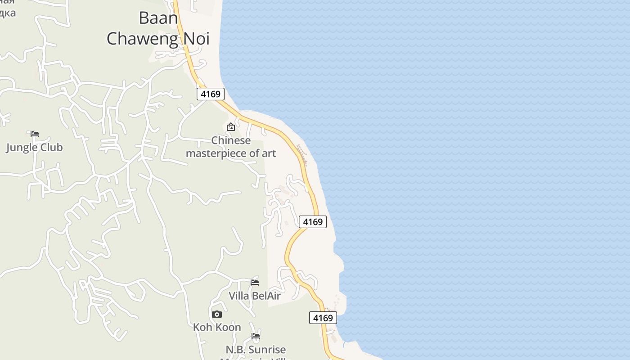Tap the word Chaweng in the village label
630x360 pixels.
click(143, 39)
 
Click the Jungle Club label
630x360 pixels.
click(34, 148)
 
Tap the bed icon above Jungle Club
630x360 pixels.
click(35, 134)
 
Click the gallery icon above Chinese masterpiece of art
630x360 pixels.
click(231, 127)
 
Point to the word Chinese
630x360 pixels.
click(231, 140)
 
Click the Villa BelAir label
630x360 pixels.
click(255, 296)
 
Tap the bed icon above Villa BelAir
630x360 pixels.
click(255, 283)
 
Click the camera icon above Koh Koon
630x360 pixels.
click(217, 314)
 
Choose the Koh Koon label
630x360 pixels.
click(217, 327)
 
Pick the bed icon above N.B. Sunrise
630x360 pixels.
click(256, 336)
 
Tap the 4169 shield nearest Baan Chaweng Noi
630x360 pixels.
click(211, 94)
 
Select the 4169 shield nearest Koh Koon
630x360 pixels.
click(323, 318)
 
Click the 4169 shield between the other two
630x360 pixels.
click(312, 222)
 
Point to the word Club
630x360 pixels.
click(50, 148)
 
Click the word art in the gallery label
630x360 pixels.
click(268, 153)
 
